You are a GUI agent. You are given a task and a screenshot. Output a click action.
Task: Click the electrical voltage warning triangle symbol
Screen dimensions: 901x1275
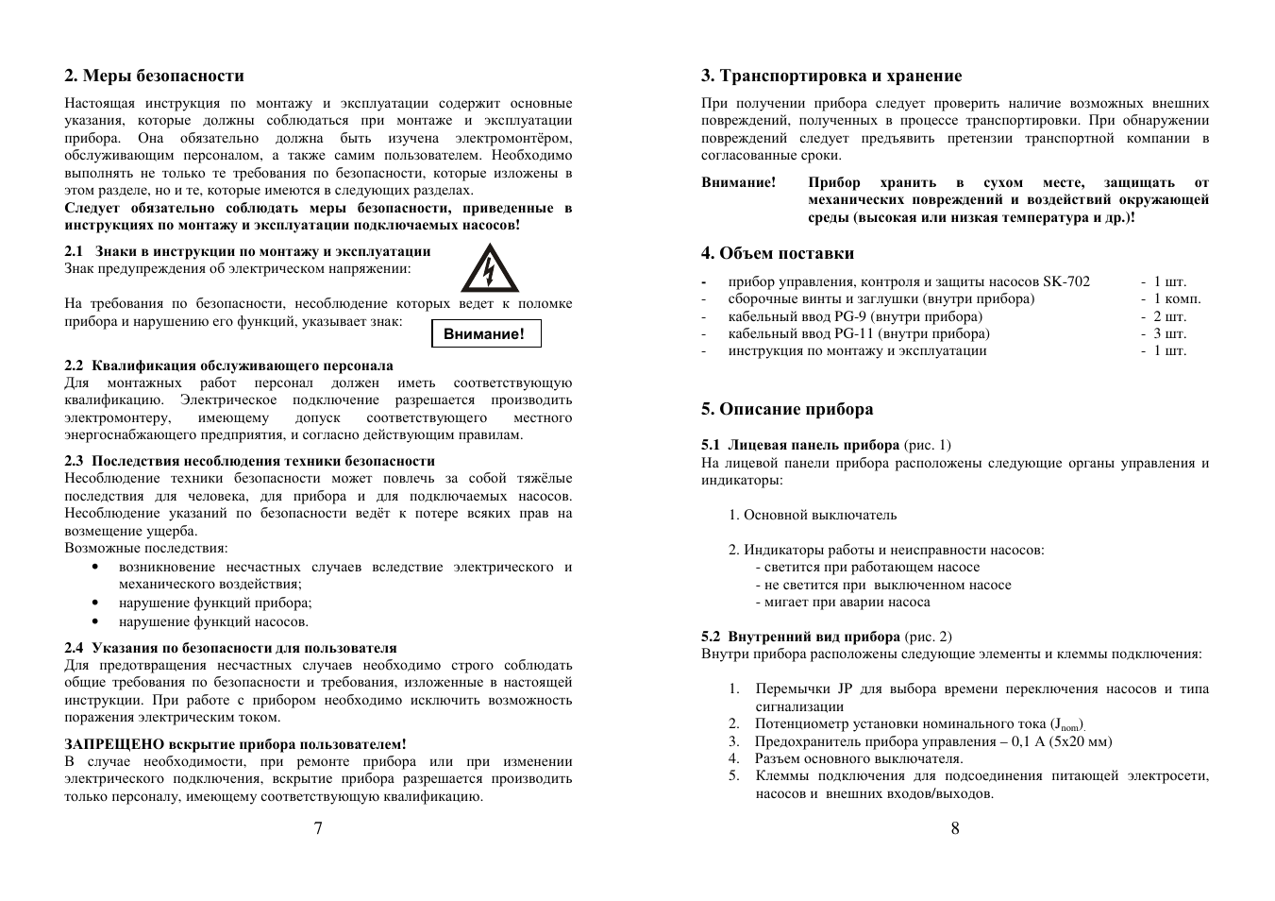coord(489,269)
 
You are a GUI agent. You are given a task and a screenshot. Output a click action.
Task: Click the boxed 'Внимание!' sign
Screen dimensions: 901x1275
coord(486,334)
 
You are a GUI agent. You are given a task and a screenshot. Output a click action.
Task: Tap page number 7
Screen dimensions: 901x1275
coord(318,828)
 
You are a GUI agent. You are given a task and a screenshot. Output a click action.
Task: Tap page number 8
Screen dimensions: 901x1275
coord(955,828)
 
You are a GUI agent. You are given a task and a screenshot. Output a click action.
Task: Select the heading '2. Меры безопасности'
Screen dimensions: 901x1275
coord(154,76)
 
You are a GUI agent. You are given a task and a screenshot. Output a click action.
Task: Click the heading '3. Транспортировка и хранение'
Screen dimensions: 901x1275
coord(830,76)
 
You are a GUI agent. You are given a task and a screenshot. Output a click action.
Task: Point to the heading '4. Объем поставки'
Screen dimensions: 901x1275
coord(777,253)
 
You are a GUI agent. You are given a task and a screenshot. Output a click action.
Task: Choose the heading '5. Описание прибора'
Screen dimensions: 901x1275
coord(786,409)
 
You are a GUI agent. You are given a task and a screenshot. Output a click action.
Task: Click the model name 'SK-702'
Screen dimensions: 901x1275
coord(1065,281)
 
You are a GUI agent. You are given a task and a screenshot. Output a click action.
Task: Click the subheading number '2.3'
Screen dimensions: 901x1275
coord(75,461)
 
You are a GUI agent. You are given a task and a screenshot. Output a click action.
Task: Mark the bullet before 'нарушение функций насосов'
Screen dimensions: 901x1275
coord(96,622)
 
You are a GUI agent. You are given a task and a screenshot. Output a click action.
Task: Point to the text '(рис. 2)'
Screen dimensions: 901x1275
coord(928,637)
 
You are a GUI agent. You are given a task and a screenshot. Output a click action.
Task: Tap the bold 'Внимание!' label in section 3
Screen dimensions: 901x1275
coord(738,182)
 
